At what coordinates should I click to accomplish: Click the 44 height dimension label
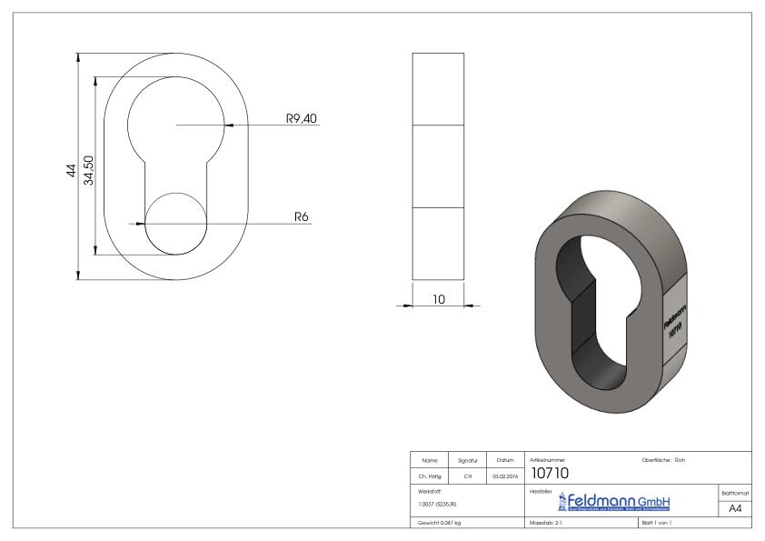(x=72, y=172)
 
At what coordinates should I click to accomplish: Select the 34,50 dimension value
(x=89, y=170)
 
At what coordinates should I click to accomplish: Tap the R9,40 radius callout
(x=300, y=119)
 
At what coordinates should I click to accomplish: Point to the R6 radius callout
(x=302, y=217)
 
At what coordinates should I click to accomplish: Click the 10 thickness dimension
(x=438, y=299)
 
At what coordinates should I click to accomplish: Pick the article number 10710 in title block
(x=550, y=473)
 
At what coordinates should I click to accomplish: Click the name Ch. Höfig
(x=428, y=475)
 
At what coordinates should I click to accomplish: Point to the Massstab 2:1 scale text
(x=549, y=524)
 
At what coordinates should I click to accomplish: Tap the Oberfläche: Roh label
(x=663, y=460)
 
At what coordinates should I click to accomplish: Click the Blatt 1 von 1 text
(x=655, y=524)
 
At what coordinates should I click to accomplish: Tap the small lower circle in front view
(x=175, y=224)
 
